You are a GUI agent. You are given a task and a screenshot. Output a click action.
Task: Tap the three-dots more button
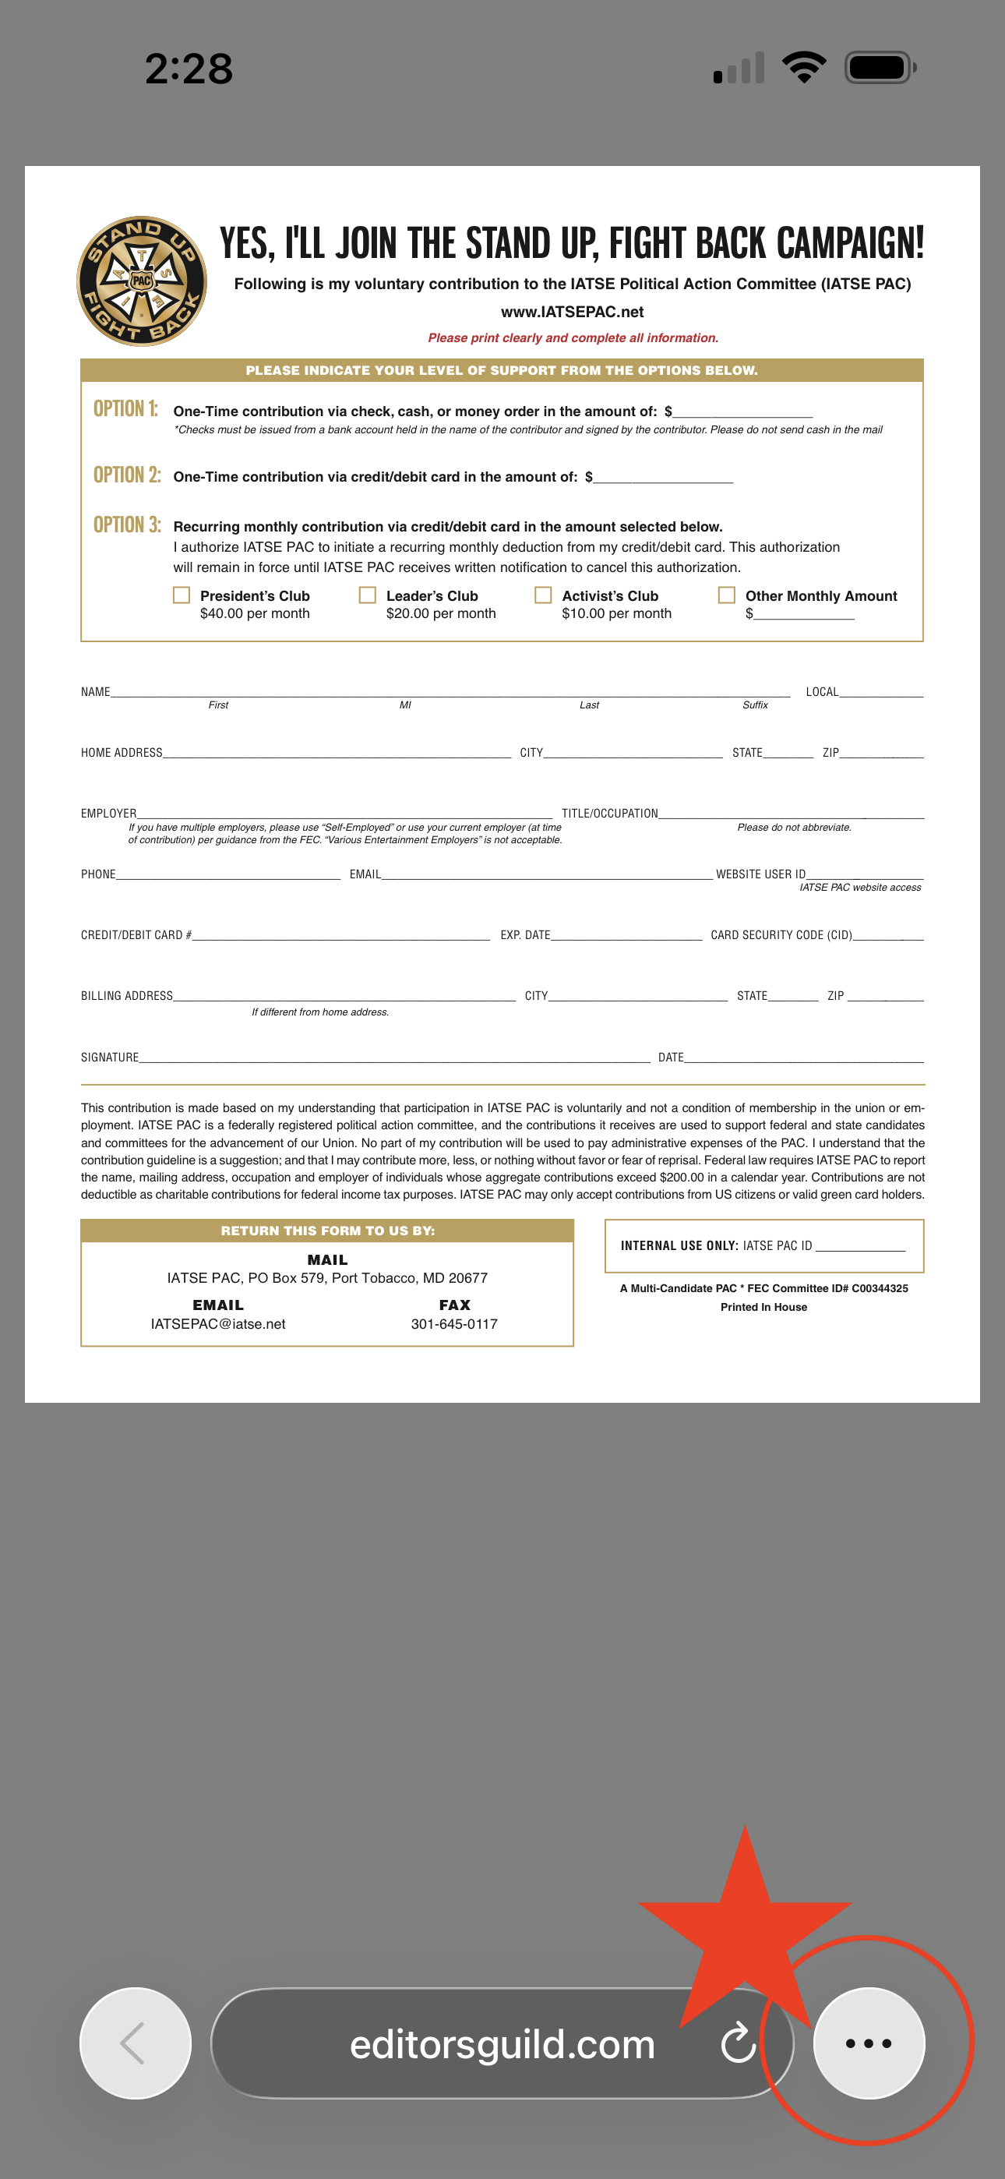pos(868,2043)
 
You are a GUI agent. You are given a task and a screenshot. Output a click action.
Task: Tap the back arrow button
pos(135,2043)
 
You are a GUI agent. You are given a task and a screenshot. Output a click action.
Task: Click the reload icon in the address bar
pos(738,2043)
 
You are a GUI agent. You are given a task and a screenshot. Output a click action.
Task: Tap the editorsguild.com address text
pos(502,2043)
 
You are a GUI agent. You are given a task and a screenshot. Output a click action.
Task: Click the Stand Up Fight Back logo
pos(141,281)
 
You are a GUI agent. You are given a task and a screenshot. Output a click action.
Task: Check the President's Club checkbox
pos(181,595)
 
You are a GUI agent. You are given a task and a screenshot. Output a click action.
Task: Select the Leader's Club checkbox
pos(367,595)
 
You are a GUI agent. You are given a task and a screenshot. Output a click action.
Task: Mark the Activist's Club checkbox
pos(543,595)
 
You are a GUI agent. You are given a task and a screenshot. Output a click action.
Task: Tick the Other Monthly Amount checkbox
pos(726,595)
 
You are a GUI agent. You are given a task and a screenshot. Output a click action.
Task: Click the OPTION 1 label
pos(125,409)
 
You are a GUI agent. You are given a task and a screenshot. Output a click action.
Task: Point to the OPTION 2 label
pos(127,475)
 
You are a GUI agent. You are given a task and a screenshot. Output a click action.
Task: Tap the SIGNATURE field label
pos(109,1058)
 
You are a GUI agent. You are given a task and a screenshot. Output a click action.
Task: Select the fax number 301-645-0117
pos(454,1324)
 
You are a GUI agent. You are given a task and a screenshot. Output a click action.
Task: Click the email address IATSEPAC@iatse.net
pos(217,1324)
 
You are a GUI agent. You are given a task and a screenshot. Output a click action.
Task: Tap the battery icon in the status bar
pos(880,68)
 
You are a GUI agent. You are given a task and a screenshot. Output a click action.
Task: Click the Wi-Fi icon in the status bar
pos(804,68)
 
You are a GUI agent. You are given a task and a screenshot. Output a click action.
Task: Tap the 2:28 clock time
pos(189,69)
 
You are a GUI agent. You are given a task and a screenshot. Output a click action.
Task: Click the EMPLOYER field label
pos(108,814)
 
